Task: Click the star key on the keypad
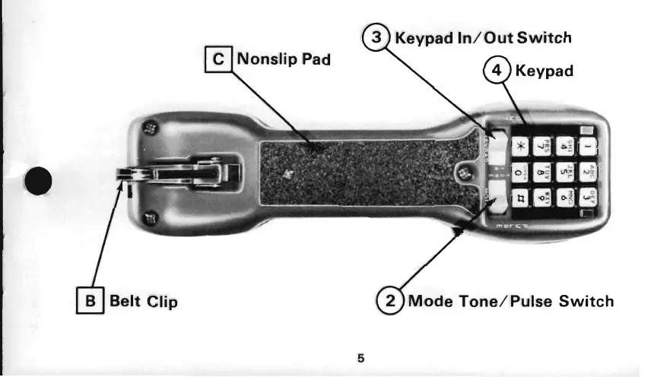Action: pos(521,147)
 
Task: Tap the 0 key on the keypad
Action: pos(520,173)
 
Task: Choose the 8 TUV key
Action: pos(542,173)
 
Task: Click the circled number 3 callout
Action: pos(376,37)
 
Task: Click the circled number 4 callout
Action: pos(497,72)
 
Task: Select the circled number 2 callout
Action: pos(392,301)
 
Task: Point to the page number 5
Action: pos(361,356)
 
